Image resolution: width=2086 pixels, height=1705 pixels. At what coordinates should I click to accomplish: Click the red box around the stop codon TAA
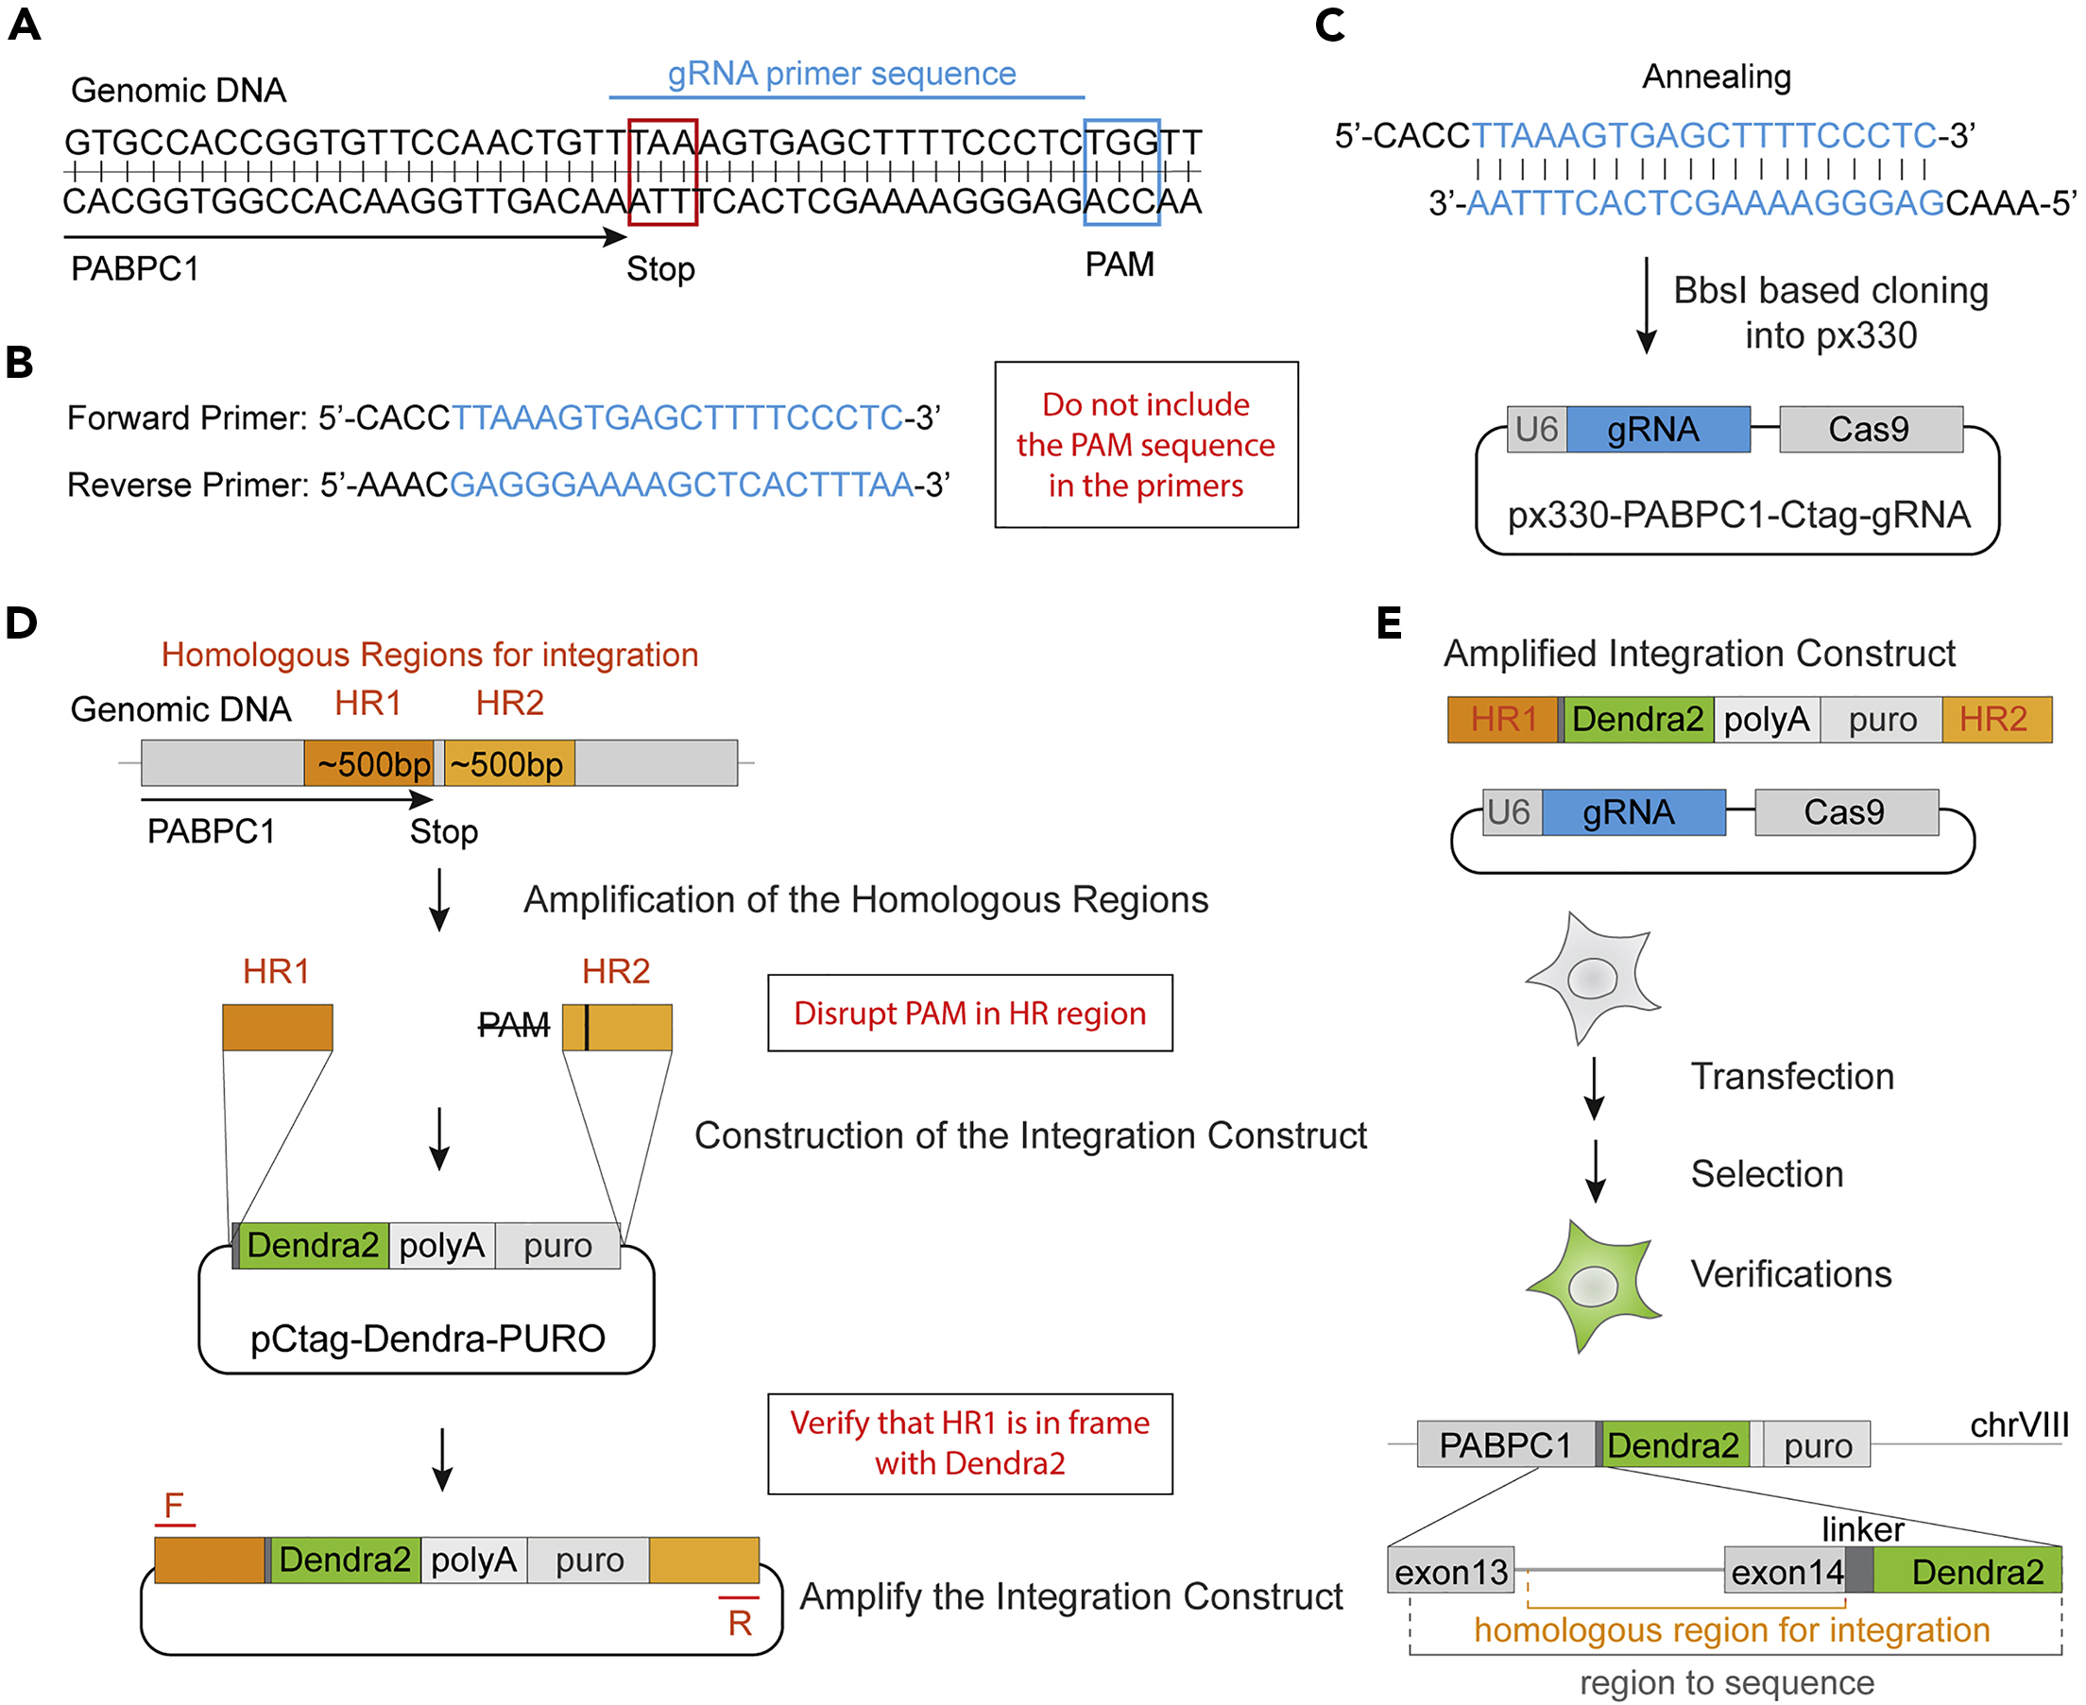[x=663, y=172]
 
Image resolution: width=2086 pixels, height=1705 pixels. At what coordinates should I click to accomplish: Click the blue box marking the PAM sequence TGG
[x=1121, y=172]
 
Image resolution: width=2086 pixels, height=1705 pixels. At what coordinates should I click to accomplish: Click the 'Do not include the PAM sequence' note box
[x=1146, y=445]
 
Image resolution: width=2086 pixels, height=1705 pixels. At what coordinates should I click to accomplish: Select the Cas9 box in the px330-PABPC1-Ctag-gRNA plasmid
[x=1870, y=429]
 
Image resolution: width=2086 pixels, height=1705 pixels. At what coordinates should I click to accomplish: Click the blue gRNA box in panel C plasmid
[x=1657, y=429]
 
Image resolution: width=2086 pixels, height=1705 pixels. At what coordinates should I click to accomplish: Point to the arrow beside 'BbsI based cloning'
[x=1647, y=304]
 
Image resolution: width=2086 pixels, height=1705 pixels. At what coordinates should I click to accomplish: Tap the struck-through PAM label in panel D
[x=514, y=1025]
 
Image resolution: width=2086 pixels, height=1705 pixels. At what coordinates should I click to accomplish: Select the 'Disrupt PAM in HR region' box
[x=969, y=1013]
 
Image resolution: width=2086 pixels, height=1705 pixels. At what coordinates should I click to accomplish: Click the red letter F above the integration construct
[x=174, y=1506]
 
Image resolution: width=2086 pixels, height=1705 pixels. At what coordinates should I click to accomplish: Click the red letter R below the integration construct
[x=740, y=1623]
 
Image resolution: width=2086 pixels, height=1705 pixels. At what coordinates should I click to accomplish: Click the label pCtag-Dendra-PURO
[x=427, y=1338]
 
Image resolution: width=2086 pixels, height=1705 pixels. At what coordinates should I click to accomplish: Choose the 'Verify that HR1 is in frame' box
[x=969, y=1442]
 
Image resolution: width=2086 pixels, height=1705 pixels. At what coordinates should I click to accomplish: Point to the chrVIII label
[x=2018, y=1425]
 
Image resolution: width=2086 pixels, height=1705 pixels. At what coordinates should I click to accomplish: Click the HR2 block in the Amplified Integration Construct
[x=1994, y=719]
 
